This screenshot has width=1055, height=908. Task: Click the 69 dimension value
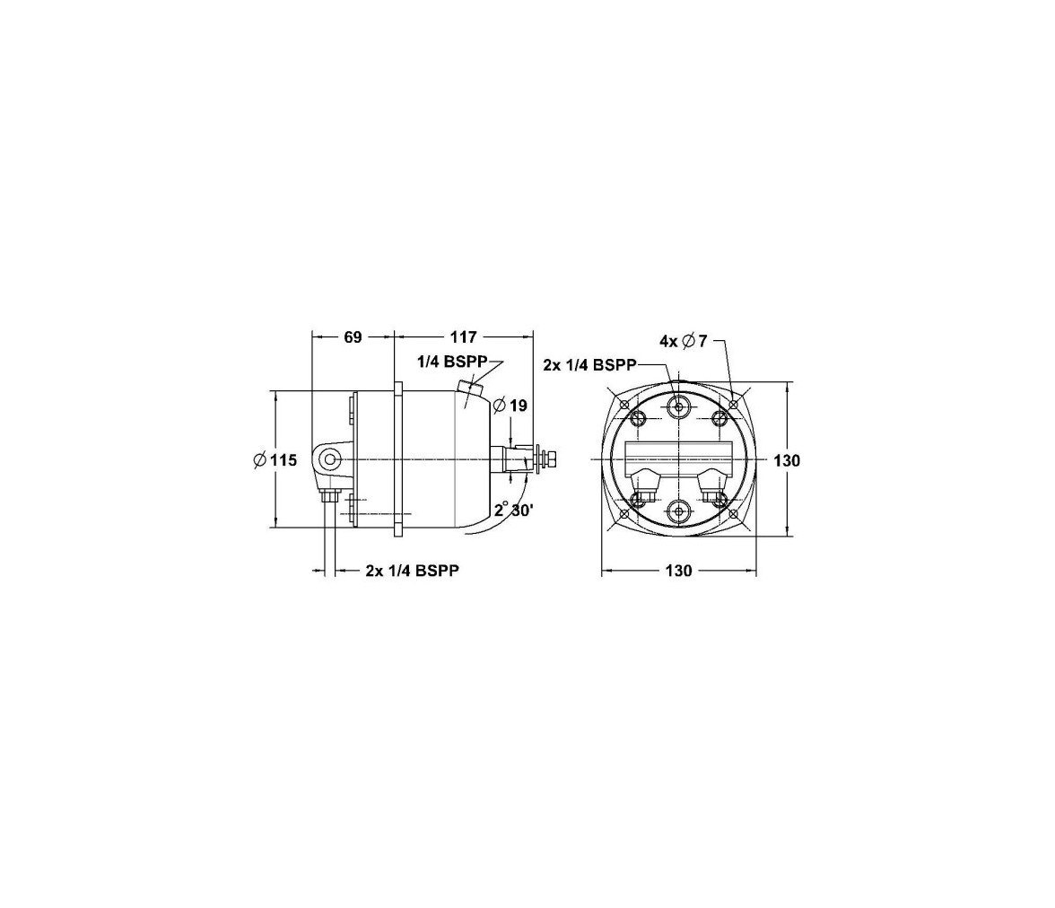[x=353, y=336]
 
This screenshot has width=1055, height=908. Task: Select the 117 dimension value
[x=464, y=336]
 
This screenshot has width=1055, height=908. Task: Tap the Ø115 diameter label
[x=275, y=460]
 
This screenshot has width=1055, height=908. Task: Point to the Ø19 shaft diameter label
[x=510, y=406]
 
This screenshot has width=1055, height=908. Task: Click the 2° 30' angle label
[x=514, y=510]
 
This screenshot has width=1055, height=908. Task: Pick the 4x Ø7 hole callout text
[x=684, y=341]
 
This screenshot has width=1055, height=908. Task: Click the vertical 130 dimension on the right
[x=787, y=460]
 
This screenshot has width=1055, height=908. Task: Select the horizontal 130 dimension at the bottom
[x=678, y=571]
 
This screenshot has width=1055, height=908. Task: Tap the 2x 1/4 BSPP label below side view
[x=413, y=571]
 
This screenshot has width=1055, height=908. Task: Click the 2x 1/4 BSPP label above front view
[x=589, y=365]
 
